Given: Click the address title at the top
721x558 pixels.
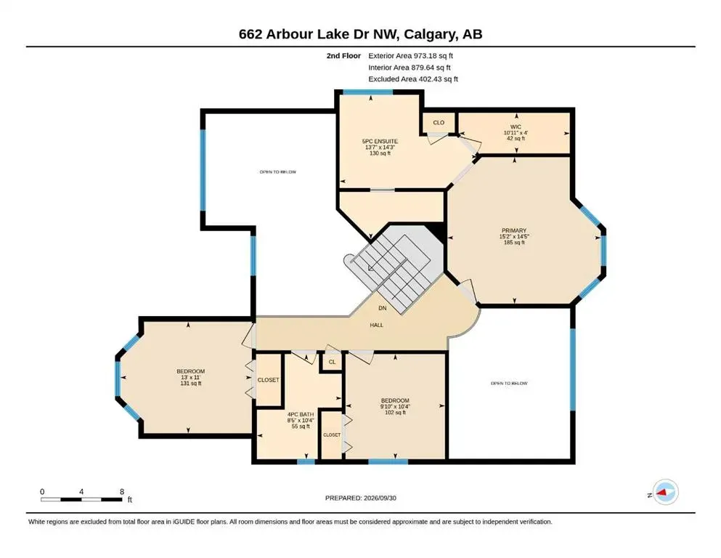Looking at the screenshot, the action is (360, 34).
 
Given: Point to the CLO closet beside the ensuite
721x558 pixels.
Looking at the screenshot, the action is (439, 122).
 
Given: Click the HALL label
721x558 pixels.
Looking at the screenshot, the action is (377, 325).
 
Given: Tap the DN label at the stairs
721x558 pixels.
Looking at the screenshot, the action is (382, 308).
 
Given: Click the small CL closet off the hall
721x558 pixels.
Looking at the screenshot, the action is (332, 362).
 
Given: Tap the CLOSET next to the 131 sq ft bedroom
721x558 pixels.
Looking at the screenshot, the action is (268, 380).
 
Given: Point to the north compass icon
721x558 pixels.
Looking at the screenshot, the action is (665, 492).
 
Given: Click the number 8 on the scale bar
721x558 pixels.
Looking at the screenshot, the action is (122, 492).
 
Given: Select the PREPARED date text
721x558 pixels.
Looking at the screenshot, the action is (360, 498).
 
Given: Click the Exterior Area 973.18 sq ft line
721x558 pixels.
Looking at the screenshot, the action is (411, 56).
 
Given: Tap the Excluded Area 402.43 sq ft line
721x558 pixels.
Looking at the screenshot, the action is (413, 79).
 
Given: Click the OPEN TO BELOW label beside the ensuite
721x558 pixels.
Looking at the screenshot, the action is (278, 172).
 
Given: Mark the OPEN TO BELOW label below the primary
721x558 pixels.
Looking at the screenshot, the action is (509, 383).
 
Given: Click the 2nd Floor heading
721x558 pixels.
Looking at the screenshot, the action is (343, 56).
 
